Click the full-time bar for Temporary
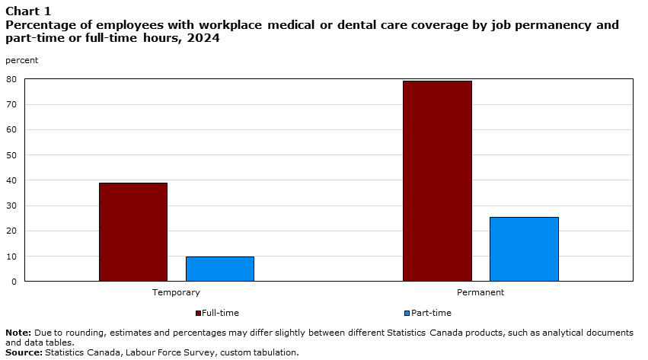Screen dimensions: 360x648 [133, 232]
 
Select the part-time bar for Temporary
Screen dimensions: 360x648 [220, 269]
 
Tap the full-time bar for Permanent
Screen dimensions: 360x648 [437, 181]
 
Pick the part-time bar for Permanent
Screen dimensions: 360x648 [524, 249]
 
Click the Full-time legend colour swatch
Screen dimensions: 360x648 [199, 313]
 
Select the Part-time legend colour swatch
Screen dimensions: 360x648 [407, 313]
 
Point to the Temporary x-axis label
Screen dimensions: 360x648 [176, 292]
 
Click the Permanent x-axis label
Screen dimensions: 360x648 [480, 292]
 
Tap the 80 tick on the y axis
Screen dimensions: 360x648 [11, 79]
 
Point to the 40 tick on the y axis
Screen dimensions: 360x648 [11, 180]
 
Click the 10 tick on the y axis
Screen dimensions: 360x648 [11, 256]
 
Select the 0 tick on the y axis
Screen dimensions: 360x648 [14, 282]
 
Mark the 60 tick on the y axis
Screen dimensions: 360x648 [11, 130]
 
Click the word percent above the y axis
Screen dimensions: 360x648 [21, 59]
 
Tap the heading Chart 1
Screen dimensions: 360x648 [28, 11]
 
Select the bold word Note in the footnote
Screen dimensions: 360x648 [18, 333]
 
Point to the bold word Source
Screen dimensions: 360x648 [24, 352]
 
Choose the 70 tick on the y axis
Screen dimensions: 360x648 [11, 104]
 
